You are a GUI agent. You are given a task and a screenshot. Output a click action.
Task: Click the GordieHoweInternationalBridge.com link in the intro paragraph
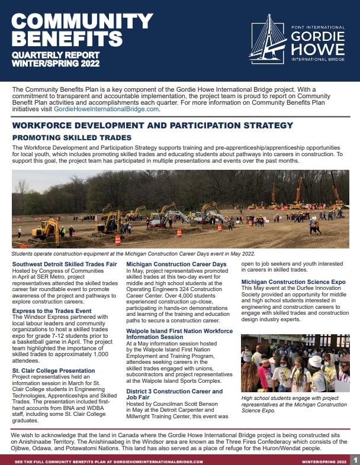[107, 109]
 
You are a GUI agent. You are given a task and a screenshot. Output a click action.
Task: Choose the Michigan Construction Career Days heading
[176, 263]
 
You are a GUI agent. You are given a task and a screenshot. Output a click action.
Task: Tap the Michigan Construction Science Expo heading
[294, 282]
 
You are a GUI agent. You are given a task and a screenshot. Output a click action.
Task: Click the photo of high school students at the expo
[295, 363]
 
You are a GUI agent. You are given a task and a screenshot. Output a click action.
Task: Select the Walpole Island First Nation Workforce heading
[179, 331]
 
